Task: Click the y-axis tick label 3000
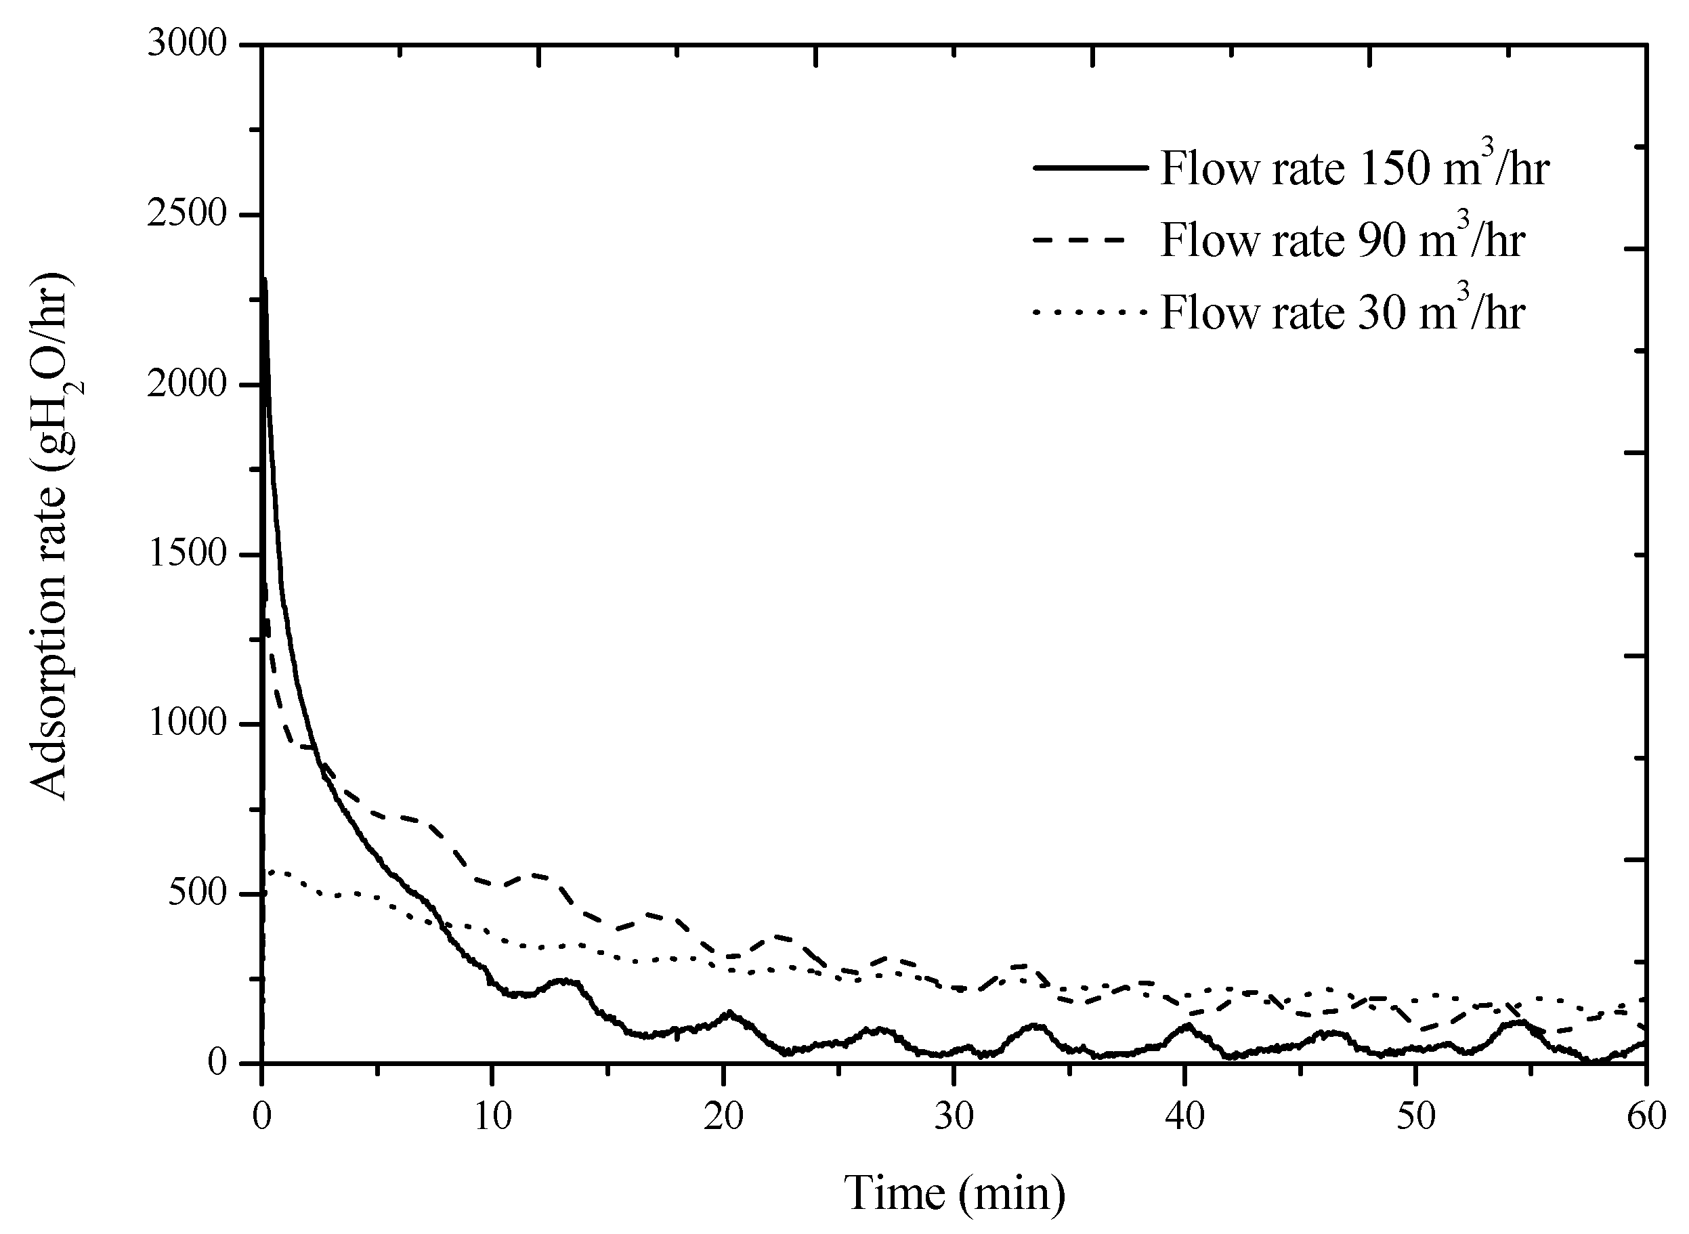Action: (x=187, y=45)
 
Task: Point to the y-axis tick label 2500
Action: (x=187, y=215)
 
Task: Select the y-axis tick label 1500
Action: (x=187, y=554)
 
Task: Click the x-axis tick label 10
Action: (x=492, y=1118)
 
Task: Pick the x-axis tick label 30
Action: (x=954, y=1118)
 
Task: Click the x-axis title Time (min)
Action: (x=954, y=1193)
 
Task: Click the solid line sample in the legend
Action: (x=1090, y=168)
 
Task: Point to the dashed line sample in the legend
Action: (x=1090, y=240)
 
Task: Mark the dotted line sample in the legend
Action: (x=1090, y=312)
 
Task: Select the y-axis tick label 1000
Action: (x=187, y=724)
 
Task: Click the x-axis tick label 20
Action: (x=723, y=1118)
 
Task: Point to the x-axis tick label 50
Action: (x=1415, y=1118)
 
